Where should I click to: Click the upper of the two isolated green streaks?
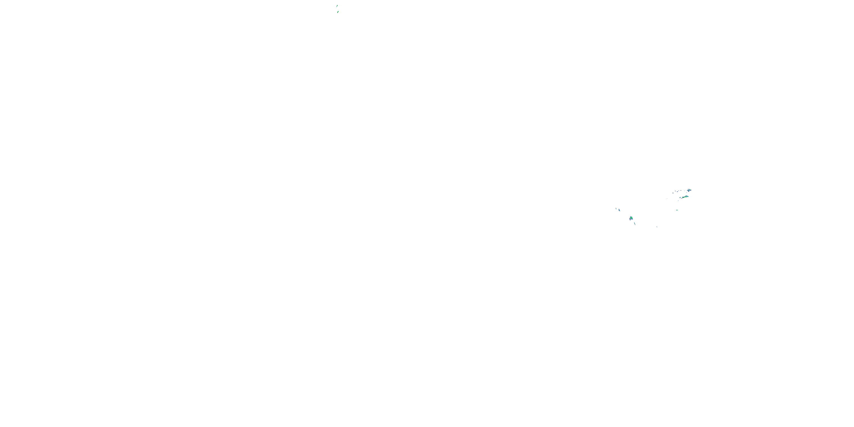click(337, 6)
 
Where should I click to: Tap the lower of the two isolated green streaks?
click(338, 12)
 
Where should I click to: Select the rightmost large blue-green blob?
click(689, 190)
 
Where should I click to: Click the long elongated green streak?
click(685, 197)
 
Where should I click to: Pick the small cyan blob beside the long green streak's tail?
click(680, 198)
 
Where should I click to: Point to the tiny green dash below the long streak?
click(677, 210)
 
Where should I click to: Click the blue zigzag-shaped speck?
click(681, 191)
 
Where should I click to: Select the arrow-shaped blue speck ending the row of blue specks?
click(673, 193)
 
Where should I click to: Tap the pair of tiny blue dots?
click(687, 193)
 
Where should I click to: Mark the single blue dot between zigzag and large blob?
click(685, 191)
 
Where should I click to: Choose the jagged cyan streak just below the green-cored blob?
click(635, 224)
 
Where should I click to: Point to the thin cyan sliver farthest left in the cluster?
click(616, 209)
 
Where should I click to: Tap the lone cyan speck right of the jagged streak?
click(657, 227)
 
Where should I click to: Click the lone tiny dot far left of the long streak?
click(667, 199)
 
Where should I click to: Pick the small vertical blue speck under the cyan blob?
click(678, 201)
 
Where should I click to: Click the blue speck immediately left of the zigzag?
click(679, 191)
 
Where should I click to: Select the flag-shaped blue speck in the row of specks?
click(677, 192)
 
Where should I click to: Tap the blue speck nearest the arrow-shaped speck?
click(675, 191)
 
